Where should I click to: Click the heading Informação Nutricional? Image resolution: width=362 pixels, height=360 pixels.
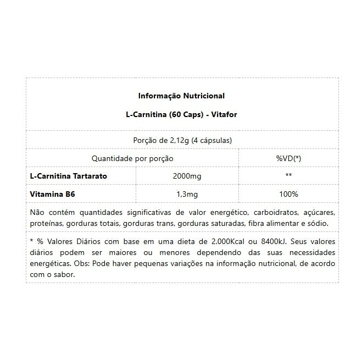181,96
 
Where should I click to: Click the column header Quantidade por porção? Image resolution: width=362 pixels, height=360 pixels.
132,158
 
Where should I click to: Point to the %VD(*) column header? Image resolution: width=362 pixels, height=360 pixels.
288,158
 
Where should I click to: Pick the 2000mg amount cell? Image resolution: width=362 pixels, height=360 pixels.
187,176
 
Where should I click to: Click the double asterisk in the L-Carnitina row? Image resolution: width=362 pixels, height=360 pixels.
288,176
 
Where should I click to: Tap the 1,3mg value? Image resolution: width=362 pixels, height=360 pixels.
187,194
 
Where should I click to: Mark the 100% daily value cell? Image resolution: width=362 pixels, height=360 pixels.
288,194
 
